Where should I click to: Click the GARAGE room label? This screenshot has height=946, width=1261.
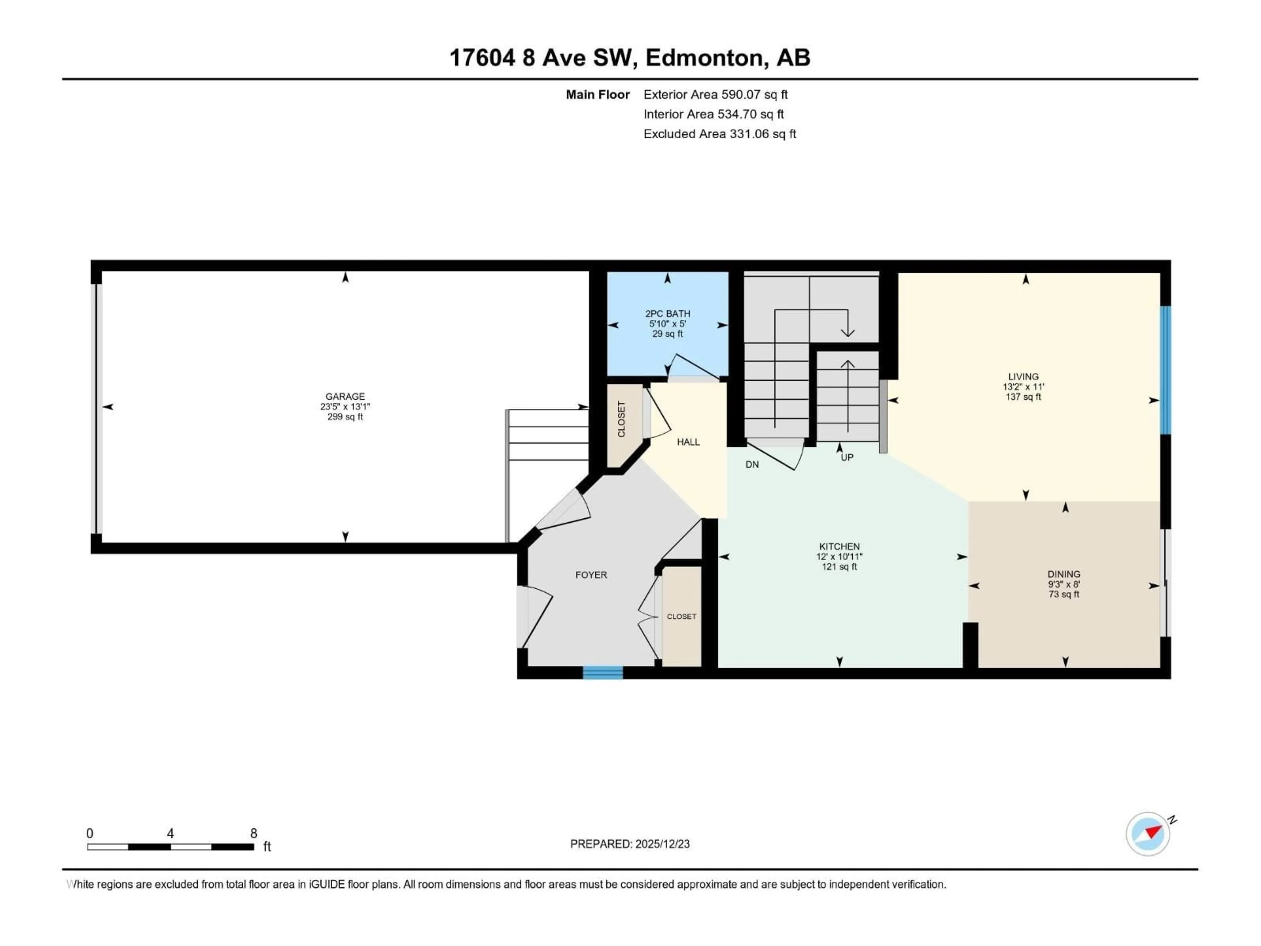(x=345, y=396)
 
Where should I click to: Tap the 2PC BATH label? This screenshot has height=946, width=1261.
(x=668, y=314)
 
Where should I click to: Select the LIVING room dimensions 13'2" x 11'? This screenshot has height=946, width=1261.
(x=1023, y=387)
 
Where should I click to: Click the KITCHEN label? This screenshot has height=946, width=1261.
(x=839, y=546)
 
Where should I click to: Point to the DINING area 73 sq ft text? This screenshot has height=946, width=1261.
(x=1064, y=594)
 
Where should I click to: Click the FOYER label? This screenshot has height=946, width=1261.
(x=591, y=575)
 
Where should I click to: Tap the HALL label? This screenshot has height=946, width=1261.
(x=688, y=442)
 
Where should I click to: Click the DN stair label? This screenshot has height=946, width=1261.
(x=752, y=465)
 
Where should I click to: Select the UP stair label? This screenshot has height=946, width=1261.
(x=847, y=457)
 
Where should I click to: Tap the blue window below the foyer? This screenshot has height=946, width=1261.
(x=603, y=673)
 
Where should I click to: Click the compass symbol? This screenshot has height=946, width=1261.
(x=1148, y=834)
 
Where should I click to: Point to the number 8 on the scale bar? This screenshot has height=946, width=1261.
(x=254, y=833)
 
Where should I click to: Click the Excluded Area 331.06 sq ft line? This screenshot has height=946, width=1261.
(x=719, y=134)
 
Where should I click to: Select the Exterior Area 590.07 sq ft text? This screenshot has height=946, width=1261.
(x=716, y=95)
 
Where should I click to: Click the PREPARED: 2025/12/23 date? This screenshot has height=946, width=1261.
(x=630, y=844)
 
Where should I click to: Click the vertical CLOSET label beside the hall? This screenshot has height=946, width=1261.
(x=621, y=419)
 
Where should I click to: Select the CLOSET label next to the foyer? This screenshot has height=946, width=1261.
(x=681, y=617)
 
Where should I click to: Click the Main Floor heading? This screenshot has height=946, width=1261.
(x=597, y=95)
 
